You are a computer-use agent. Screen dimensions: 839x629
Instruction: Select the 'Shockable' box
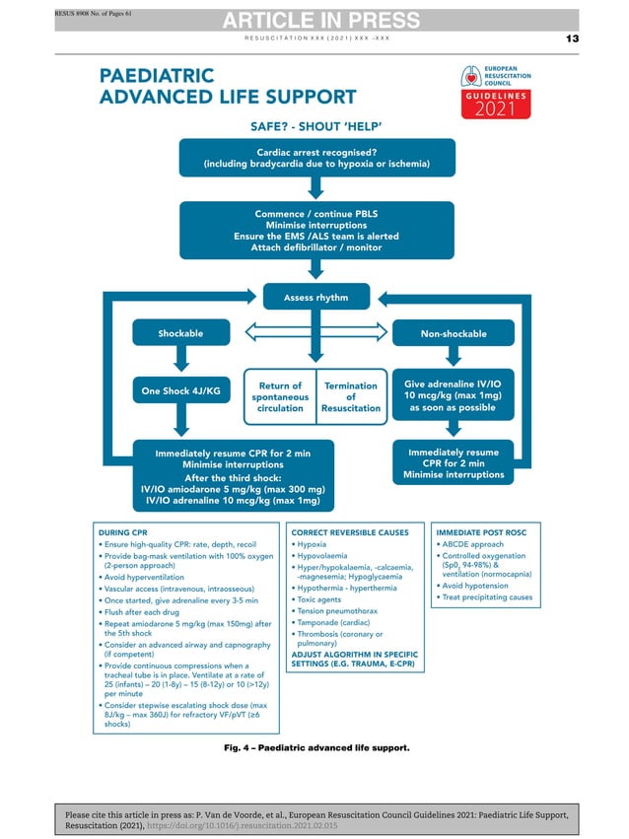(x=180, y=333)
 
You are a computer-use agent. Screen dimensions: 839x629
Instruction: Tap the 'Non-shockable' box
(x=453, y=333)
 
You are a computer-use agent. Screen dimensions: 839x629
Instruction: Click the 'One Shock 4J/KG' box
(x=180, y=390)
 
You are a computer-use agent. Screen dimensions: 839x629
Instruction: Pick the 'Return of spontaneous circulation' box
(x=280, y=396)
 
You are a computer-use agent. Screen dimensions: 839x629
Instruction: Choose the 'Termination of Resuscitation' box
(x=351, y=396)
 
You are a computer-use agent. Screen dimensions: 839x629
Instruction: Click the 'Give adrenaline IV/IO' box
(x=453, y=395)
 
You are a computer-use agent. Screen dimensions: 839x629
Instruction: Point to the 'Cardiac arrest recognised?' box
(x=316, y=158)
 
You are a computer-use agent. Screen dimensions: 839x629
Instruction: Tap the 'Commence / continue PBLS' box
(x=316, y=231)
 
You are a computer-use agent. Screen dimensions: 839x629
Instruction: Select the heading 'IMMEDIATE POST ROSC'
(x=483, y=530)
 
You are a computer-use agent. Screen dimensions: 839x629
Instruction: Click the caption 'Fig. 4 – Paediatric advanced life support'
(x=316, y=748)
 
